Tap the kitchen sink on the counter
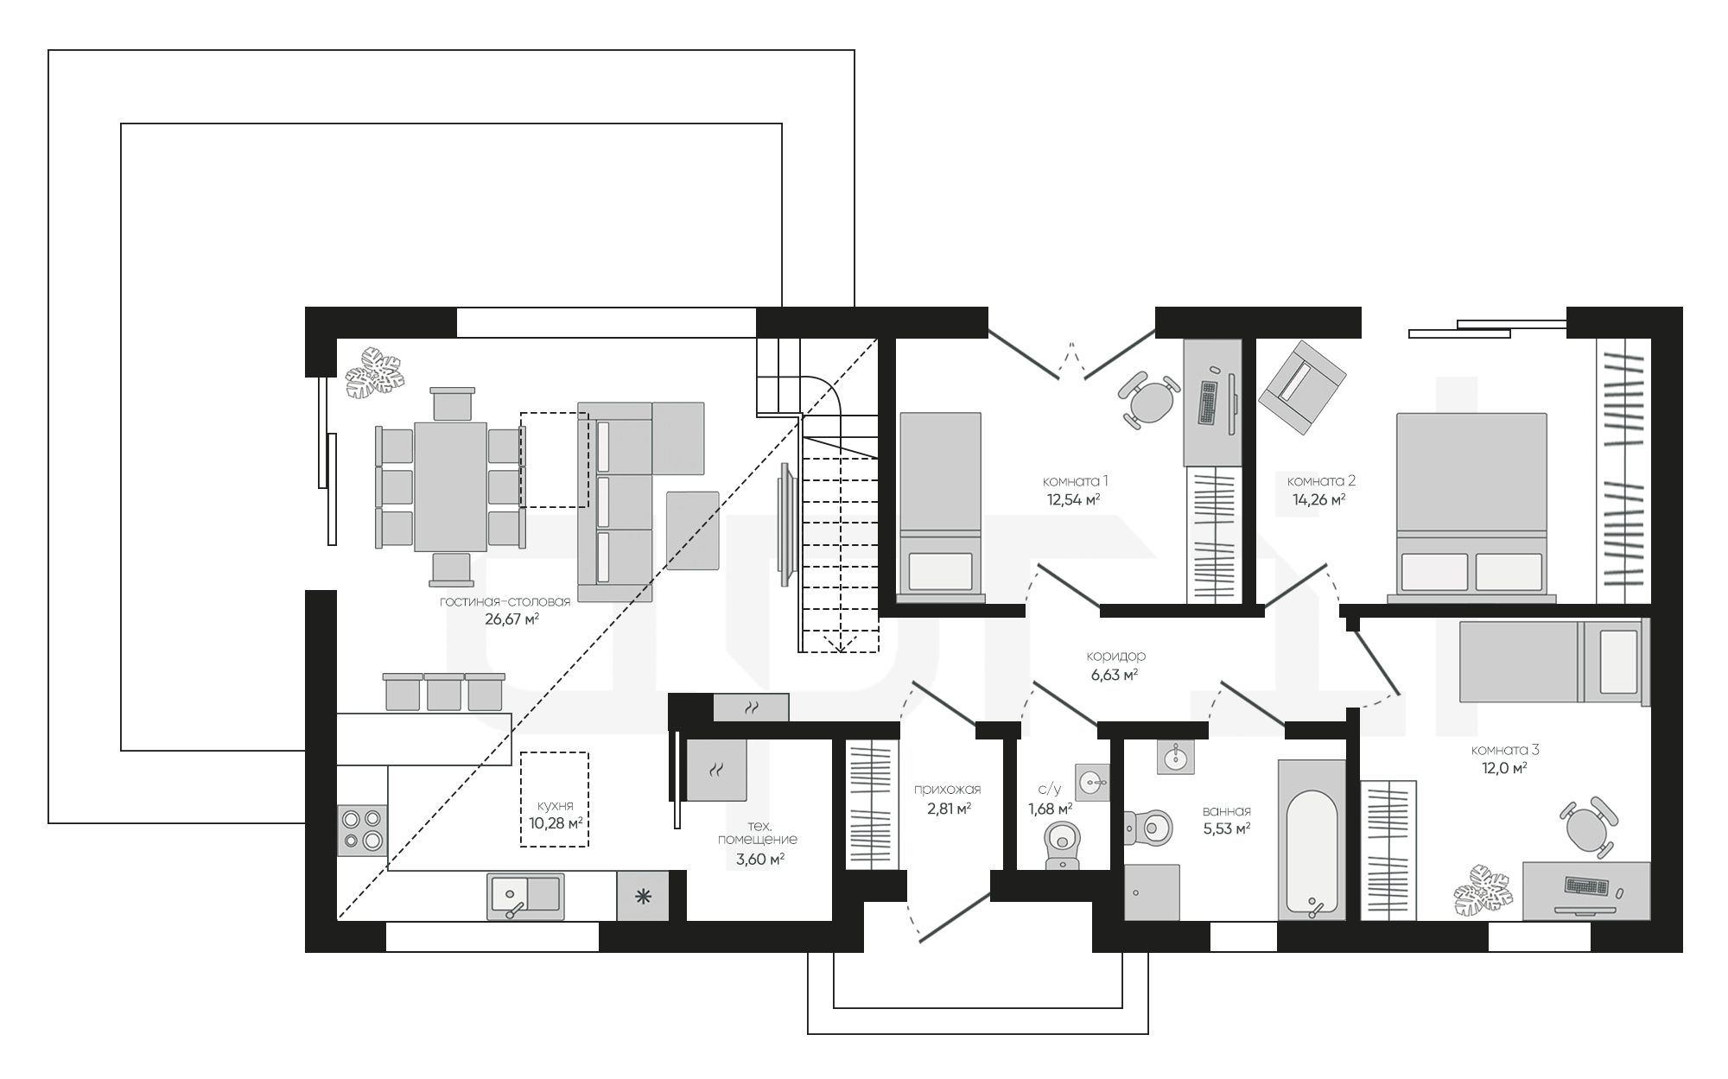[x=525, y=896]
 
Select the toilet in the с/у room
[x=1062, y=844]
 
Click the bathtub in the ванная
[x=1312, y=840]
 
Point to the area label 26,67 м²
[x=512, y=619]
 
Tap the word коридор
[x=1116, y=656]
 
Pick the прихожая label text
[x=948, y=789]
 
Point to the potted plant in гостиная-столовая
[x=374, y=374]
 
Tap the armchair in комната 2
[x=1302, y=388]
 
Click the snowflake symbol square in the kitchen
[x=643, y=896]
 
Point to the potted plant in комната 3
[x=1483, y=889]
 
